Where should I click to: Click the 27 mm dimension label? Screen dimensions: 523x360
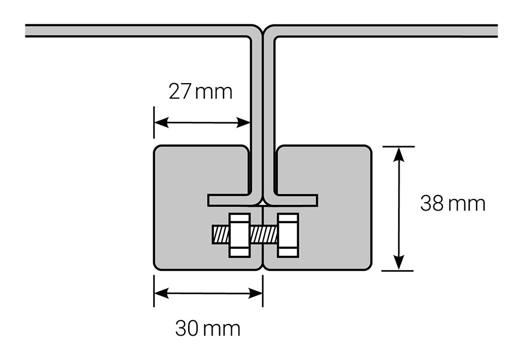[200, 91]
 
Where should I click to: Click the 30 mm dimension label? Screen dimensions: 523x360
[208, 328]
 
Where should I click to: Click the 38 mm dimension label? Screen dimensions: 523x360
[453, 203]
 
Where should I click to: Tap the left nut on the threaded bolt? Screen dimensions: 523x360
[240, 235]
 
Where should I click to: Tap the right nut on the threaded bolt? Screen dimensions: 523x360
[288, 235]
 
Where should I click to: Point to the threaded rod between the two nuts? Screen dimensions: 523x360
[263, 235]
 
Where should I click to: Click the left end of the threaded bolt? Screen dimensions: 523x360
[213, 235]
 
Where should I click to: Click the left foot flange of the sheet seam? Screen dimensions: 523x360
[234, 200]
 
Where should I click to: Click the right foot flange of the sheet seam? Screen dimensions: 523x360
[292, 200]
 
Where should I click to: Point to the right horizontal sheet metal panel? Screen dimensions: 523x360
[384, 30]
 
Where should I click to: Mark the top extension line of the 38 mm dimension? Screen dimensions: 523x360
[398, 146]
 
